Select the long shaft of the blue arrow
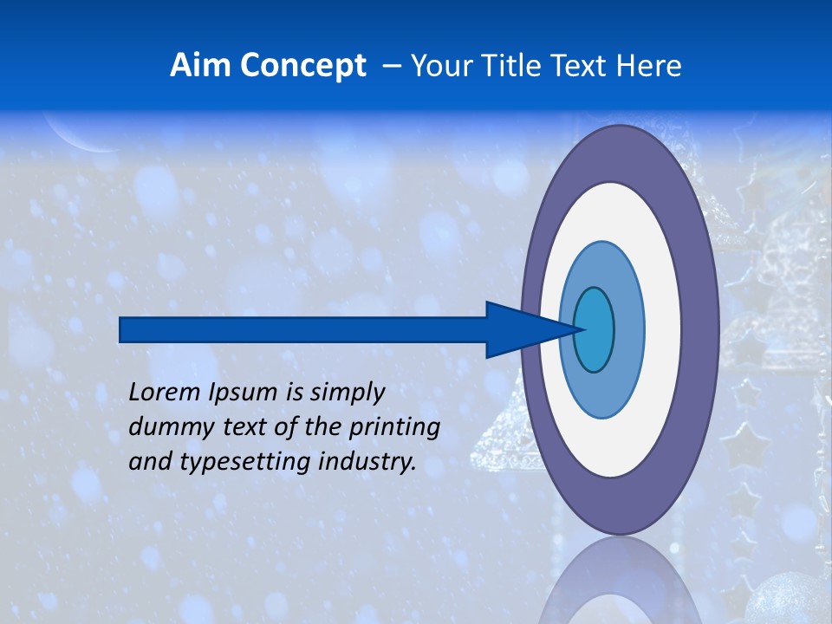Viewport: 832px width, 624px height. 303,330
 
